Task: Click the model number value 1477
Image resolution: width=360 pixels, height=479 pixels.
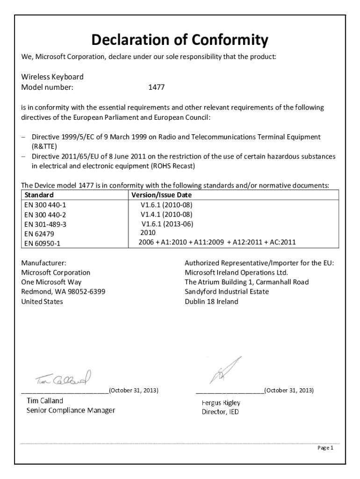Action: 156,87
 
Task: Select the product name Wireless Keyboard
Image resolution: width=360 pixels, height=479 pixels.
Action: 52,77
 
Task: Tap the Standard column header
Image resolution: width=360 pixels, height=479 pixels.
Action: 39,195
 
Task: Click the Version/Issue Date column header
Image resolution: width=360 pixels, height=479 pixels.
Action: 162,195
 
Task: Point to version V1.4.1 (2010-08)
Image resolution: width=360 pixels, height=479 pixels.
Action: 166,214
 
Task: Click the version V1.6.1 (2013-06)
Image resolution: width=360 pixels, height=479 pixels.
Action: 166,224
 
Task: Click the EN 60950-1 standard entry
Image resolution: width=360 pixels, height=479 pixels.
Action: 42,243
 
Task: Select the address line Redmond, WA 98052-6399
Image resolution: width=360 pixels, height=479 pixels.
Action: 63,291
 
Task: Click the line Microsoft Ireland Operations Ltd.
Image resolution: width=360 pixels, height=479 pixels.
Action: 236,272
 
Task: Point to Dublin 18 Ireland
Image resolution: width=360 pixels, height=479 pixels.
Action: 211,301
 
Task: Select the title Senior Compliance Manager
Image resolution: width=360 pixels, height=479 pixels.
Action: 71,411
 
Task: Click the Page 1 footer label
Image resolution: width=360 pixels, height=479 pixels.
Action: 325,448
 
